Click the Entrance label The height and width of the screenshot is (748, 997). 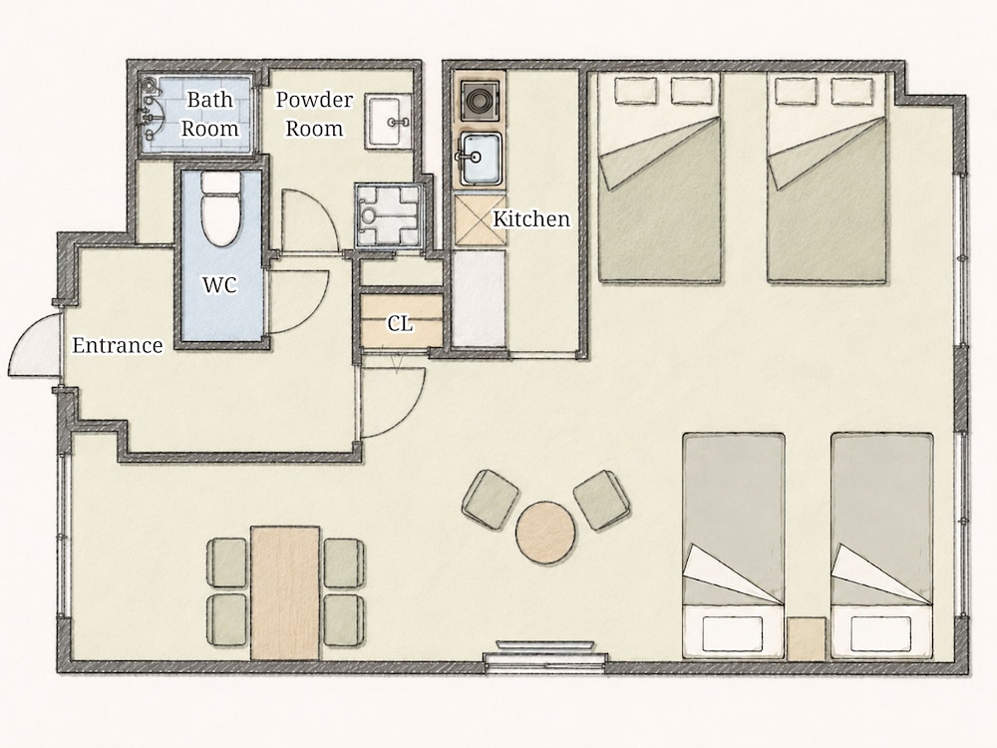[x=118, y=345]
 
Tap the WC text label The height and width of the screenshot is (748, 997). [x=220, y=284]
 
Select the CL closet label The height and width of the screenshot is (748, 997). [x=400, y=324]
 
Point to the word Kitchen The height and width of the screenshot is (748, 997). [x=531, y=218]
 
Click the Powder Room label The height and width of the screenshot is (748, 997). [x=314, y=114]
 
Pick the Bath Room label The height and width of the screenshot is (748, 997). [x=209, y=114]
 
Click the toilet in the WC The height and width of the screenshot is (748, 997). [x=220, y=208]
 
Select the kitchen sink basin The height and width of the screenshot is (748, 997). [x=481, y=159]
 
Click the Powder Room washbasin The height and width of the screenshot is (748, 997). [x=388, y=122]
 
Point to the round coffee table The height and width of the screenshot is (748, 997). [x=546, y=533]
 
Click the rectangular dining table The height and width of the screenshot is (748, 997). [x=285, y=592]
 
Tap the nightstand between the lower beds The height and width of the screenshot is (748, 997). [x=807, y=638]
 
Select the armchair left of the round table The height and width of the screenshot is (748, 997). [x=491, y=499]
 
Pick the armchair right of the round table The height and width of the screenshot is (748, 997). [x=602, y=500]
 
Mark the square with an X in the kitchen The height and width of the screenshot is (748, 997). [x=481, y=220]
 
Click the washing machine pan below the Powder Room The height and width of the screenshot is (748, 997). [x=389, y=215]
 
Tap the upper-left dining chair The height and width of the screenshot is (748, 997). [x=227, y=562]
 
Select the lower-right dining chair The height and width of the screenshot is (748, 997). [x=344, y=620]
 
